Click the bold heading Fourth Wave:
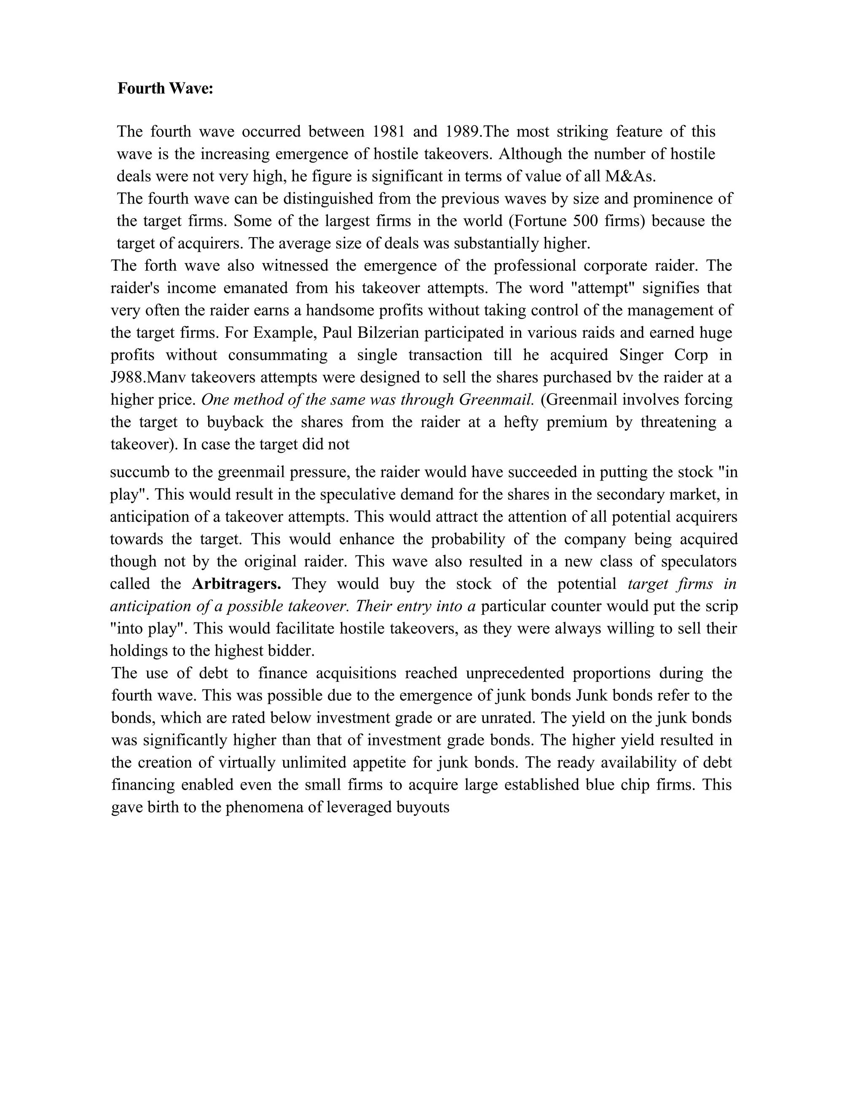tap(165, 88)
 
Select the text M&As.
tap(630, 176)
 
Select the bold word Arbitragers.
tap(236, 584)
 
